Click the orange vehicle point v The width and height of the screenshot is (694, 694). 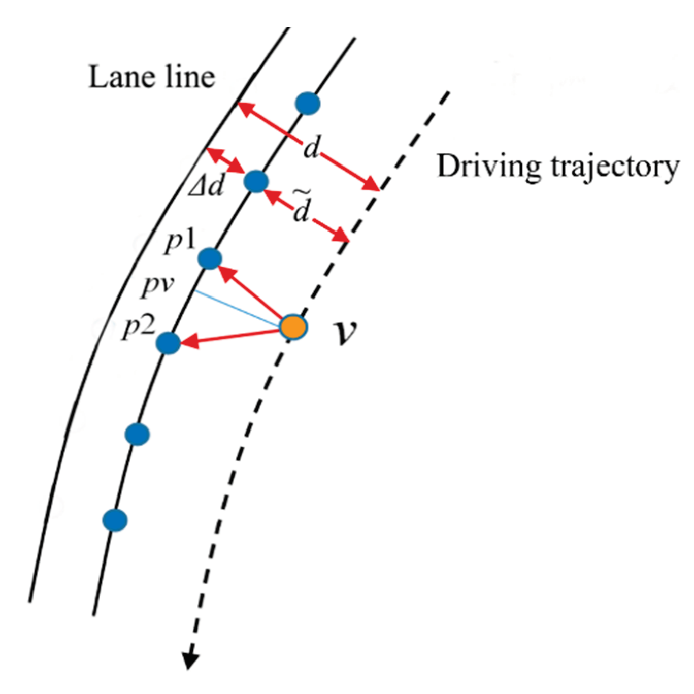coord(294,326)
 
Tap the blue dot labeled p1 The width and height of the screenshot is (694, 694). coord(209,258)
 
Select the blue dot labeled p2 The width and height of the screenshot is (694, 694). coord(168,343)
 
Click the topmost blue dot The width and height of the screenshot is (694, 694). coord(308,104)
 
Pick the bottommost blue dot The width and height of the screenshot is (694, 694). coord(115,520)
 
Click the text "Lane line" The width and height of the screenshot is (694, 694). coord(152,79)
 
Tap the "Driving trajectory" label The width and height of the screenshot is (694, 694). coord(557,167)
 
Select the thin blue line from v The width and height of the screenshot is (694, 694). coord(236,308)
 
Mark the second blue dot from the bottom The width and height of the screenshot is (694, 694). coord(137,434)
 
